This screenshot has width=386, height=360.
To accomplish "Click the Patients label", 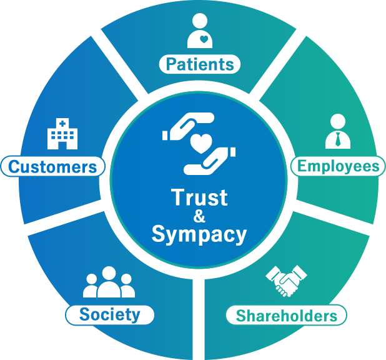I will [x=200, y=64].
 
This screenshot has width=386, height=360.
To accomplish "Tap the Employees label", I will [x=338, y=166].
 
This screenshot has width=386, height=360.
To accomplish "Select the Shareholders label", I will [x=286, y=316].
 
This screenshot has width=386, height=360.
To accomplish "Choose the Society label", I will [x=110, y=314].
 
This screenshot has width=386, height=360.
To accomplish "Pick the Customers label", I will [x=52, y=167].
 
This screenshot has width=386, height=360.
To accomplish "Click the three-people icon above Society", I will [x=109, y=282].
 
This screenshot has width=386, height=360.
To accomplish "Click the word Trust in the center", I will [x=199, y=198].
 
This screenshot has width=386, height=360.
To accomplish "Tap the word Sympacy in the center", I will [x=199, y=234].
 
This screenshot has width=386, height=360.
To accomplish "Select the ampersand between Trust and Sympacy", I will [x=199, y=216].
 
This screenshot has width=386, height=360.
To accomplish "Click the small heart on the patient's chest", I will [x=204, y=39].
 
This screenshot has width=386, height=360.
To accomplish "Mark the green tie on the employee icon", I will [x=338, y=139].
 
